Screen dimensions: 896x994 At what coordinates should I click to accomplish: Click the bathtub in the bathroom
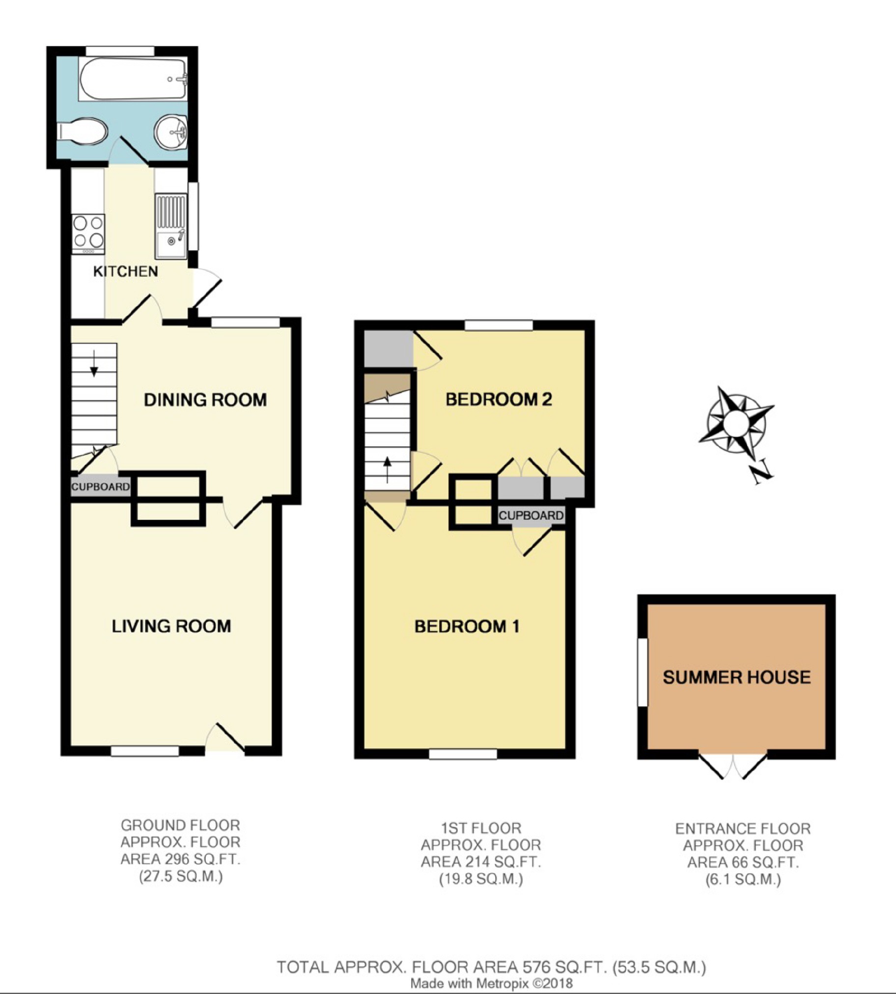(x=133, y=79)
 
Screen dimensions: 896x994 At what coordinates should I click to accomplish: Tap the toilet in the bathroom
(x=82, y=132)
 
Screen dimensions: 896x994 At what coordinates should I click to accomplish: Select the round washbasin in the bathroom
(x=171, y=132)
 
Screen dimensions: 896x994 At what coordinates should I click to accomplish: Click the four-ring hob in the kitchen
(x=88, y=234)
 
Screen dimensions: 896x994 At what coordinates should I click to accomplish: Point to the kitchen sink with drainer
(x=171, y=226)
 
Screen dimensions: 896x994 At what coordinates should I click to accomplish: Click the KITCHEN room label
(x=126, y=271)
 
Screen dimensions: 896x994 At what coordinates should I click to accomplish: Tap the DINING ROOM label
(x=205, y=400)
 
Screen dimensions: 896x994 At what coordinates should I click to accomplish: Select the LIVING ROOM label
(x=171, y=626)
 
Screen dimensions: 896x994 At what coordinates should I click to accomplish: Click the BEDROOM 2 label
(x=499, y=399)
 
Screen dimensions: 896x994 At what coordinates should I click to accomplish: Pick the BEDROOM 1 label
(x=467, y=626)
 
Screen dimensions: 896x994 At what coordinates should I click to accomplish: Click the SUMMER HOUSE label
(x=736, y=677)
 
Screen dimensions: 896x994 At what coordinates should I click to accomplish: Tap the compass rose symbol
(x=736, y=421)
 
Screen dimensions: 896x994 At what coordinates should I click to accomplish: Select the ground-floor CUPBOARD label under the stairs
(x=100, y=487)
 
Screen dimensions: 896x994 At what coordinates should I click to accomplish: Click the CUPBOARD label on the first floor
(x=531, y=515)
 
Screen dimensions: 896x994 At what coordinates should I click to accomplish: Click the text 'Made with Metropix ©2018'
(x=491, y=983)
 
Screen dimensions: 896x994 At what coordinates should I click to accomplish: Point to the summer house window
(x=643, y=672)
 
